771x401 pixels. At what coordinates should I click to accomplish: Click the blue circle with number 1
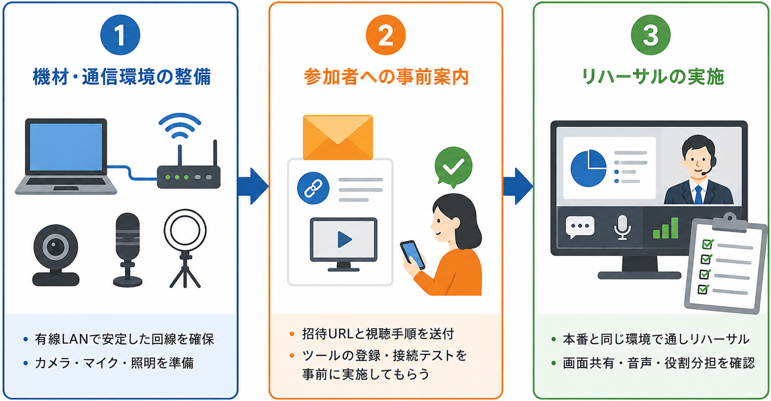(120, 35)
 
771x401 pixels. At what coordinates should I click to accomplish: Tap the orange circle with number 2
(385, 35)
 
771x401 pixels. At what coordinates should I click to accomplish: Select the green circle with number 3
(651, 35)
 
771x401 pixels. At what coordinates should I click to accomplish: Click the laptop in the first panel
(66, 156)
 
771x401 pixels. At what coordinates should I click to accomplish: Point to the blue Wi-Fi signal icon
(179, 126)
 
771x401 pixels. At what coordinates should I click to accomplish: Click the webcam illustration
(56, 255)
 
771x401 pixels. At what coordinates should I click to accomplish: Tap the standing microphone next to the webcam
(128, 250)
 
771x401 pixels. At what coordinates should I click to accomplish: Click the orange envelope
(338, 137)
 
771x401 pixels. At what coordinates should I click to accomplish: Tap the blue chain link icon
(313, 188)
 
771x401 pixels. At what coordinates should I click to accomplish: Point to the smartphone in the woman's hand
(413, 255)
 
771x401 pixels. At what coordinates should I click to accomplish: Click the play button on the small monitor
(344, 240)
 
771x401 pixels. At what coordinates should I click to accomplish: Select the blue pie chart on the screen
(588, 168)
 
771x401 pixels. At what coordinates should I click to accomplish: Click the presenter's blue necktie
(698, 195)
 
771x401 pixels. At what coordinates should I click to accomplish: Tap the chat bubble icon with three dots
(580, 227)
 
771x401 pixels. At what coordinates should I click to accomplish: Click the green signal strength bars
(666, 228)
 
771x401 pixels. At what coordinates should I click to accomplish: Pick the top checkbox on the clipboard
(708, 244)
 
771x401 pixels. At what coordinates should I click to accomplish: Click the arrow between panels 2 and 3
(518, 186)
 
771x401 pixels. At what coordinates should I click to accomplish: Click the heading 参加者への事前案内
(386, 77)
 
